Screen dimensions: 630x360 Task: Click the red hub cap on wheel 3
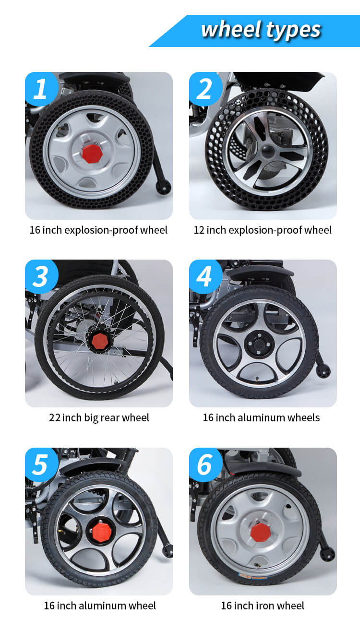(100, 341)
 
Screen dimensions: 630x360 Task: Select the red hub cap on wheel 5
(102, 532)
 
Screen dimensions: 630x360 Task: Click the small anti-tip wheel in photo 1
(163, 187)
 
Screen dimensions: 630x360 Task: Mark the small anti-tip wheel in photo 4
(323, 370)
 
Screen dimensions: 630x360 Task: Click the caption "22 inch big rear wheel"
(99, 418)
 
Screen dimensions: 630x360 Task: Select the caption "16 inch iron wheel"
(263, 606)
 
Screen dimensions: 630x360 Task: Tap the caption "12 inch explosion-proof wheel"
(263, 230)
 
